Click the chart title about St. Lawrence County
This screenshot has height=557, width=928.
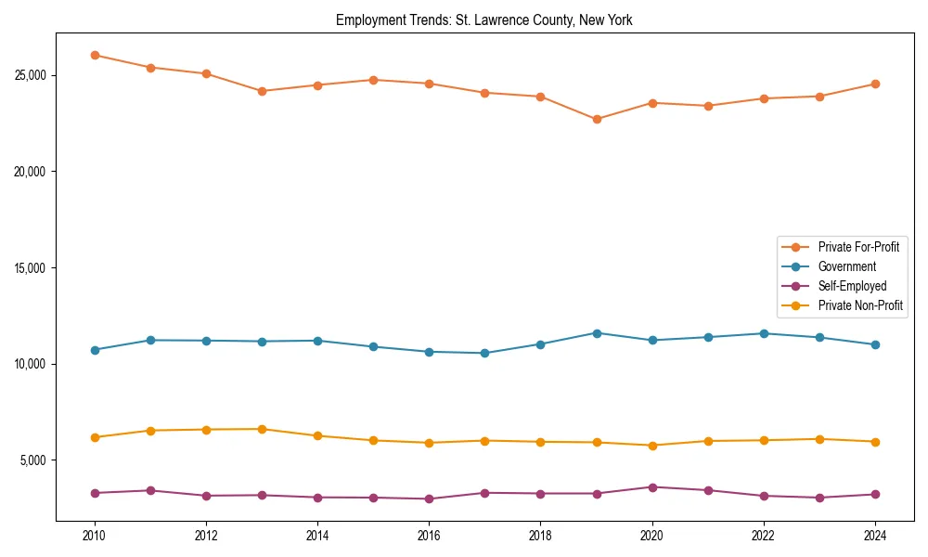(x=483, y=20)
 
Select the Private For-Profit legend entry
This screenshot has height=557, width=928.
(x=857, y=247)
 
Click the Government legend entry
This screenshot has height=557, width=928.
(x=846, y=266)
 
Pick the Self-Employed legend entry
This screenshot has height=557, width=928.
(x=852, y=286)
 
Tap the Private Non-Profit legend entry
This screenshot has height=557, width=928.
(x=859, y=305)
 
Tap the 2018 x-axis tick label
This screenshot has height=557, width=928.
(x=540, y=536)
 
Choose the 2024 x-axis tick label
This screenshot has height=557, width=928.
(x=874, y=536)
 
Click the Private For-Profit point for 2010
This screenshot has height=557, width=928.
(x=95, y=55)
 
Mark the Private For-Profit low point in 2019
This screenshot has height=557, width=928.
(x=597, y=119)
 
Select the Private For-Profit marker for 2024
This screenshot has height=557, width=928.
(x=875, y=84)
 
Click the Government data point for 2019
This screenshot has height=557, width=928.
(x=597, y=333)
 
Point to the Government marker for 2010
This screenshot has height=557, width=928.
(x=95, y=350)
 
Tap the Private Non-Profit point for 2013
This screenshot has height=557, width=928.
(x=262, y=429)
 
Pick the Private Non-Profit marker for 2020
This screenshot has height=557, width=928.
(x=652, y=446)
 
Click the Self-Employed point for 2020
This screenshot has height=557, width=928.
(x=652, y=486)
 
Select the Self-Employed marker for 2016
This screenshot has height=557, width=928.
(x=429, y=499)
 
